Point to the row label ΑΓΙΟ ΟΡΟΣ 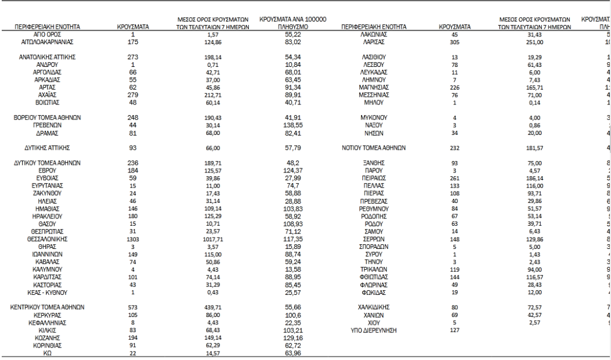pos(47,35)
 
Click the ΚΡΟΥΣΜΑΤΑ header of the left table pos(133,27)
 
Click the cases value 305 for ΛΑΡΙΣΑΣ pos(455,42)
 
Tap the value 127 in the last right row pos(455,330)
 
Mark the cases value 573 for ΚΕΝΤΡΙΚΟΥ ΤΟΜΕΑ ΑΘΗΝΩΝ pos(133,307)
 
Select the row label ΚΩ pos(47,353)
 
